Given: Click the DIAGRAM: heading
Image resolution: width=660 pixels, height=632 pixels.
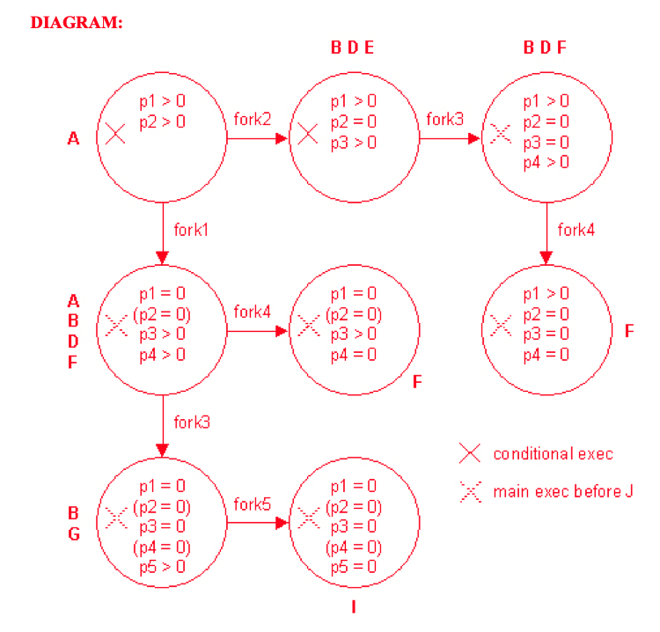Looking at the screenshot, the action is [76, 23].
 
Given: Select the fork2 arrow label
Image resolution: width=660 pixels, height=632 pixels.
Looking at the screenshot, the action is [253, 119].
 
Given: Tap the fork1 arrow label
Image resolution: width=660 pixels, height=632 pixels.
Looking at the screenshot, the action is [192, 231].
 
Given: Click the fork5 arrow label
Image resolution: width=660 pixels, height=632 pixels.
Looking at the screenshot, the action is [253, 504].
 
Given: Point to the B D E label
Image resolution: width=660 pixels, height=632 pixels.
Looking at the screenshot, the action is [353, 48].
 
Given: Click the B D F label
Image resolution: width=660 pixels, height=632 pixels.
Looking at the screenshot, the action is [546, 48].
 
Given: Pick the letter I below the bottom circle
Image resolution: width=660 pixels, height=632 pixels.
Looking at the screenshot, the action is [354, 607].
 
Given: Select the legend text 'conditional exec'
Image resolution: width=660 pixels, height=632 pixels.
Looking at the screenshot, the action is [553, 454].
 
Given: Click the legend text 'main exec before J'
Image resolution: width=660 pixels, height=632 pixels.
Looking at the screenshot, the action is [562, 491].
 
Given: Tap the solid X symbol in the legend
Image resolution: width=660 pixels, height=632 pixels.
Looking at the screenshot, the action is [471, 453].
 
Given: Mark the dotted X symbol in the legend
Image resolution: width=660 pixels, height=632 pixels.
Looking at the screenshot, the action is [471, 491].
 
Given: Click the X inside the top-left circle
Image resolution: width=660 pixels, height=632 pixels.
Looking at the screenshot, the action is [115, 134].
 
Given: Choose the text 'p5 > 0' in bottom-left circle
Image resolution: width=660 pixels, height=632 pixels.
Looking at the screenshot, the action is [163, 566].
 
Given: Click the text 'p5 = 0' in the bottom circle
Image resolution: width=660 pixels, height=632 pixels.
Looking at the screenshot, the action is [354, 566].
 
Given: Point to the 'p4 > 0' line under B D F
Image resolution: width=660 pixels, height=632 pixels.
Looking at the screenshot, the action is [546, 162].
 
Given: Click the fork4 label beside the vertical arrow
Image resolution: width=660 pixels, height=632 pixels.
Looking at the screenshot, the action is [576, 231].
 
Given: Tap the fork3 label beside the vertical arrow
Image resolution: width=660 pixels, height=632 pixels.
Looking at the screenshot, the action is [192, 423].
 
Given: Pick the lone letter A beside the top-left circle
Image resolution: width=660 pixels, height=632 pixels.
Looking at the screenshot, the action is [74, 138].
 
